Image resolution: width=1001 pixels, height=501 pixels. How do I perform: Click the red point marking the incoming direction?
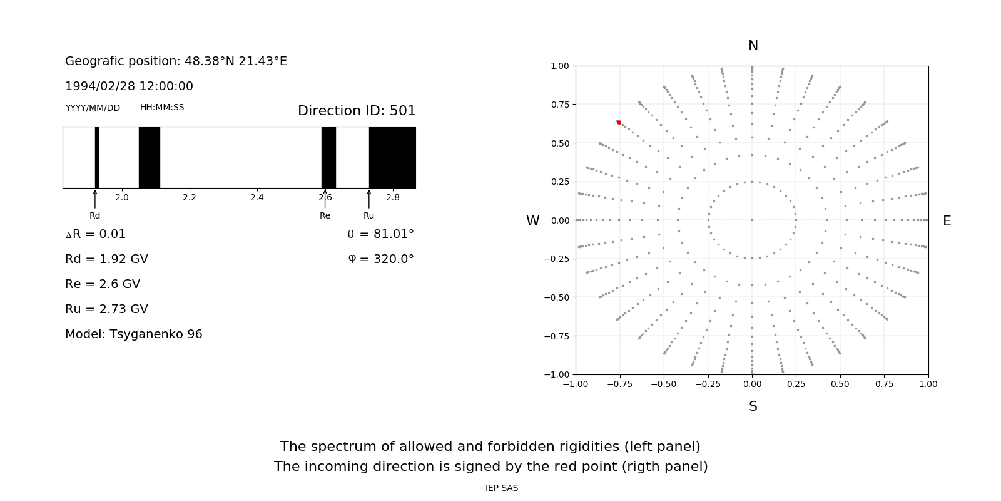[x=619, y=122]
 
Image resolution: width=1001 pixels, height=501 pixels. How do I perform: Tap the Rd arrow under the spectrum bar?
[x=94, y=199]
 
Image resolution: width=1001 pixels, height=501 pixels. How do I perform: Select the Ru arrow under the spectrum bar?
[x=368, y=199]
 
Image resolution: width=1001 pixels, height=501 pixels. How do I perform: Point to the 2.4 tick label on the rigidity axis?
[x=257, y=197]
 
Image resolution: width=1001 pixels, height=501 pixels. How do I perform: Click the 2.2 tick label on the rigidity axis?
[x=190, y=197]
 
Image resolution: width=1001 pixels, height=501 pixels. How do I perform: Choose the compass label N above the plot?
[x=753, y=46]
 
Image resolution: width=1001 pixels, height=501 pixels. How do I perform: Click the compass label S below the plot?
[x=753, y=406]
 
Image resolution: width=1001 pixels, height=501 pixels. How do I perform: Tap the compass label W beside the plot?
[x=532, y=221]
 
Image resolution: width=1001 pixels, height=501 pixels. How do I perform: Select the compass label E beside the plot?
[x=947, y=221]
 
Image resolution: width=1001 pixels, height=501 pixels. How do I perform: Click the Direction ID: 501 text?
[x=357, y=110]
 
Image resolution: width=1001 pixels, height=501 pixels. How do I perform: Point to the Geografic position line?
[x=176, y=61]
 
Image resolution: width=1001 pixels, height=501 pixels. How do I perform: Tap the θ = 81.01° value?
[x=381, y=234]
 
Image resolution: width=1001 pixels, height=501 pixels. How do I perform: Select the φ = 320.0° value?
[x=381, y=259]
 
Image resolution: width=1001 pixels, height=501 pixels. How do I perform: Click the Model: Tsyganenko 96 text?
[x=134, y=334]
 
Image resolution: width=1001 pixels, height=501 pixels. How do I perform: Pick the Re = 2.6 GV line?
[x=103, y=284]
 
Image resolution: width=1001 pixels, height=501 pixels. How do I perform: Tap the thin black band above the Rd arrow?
[x=97, y=157]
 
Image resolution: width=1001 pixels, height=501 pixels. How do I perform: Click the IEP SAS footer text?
[x=502, y=488]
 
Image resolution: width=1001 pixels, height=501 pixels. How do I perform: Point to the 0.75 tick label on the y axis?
[x=559, y=105]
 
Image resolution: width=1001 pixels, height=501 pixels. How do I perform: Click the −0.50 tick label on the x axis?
[x=664, y=385]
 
